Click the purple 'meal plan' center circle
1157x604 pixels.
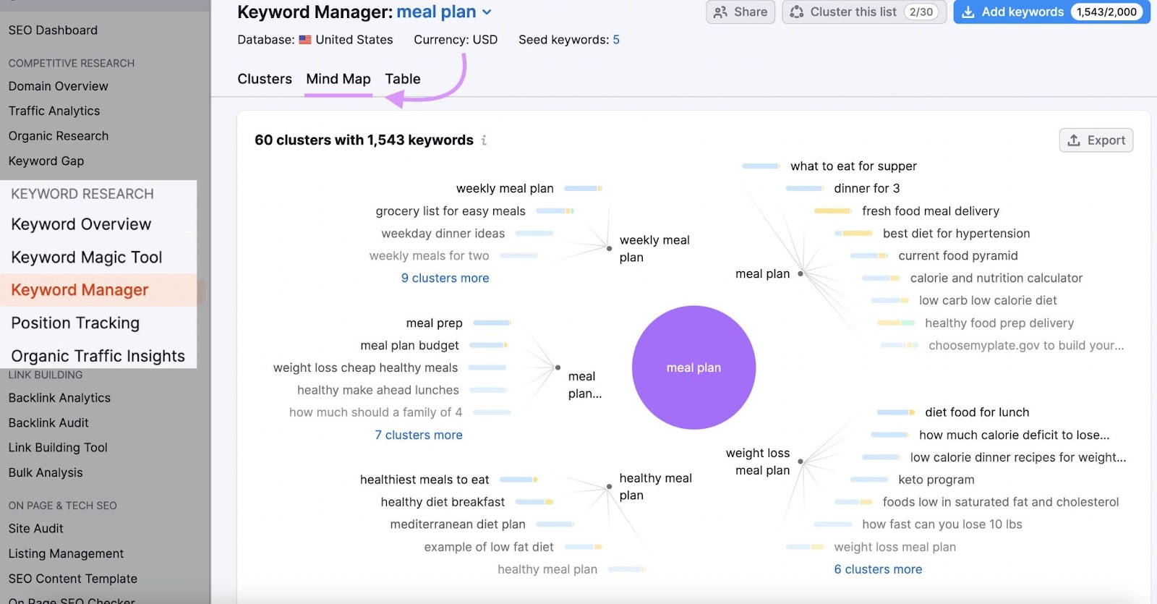[693, 367]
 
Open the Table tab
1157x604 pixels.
[402, 79]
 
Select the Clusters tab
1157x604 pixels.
[265, 79]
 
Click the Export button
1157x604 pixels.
[1096, 140]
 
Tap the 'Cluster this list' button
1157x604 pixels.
[863, 12]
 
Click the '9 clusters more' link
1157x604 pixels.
[445, 278]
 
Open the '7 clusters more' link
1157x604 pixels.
[418, 435]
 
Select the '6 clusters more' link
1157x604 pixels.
[878, 569]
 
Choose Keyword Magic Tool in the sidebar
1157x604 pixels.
[87, 257]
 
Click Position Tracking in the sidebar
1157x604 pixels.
[75, 323]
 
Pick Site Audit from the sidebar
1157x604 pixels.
[36, 529]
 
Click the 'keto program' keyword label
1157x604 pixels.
[936, 480]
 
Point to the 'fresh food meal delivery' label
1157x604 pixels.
[930, 211]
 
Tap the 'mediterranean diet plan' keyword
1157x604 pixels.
[458, 524]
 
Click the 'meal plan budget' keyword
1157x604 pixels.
[409, 346]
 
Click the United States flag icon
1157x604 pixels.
[305, 40]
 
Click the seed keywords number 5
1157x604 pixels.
[616, 40]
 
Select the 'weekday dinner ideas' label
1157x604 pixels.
[443, 234]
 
